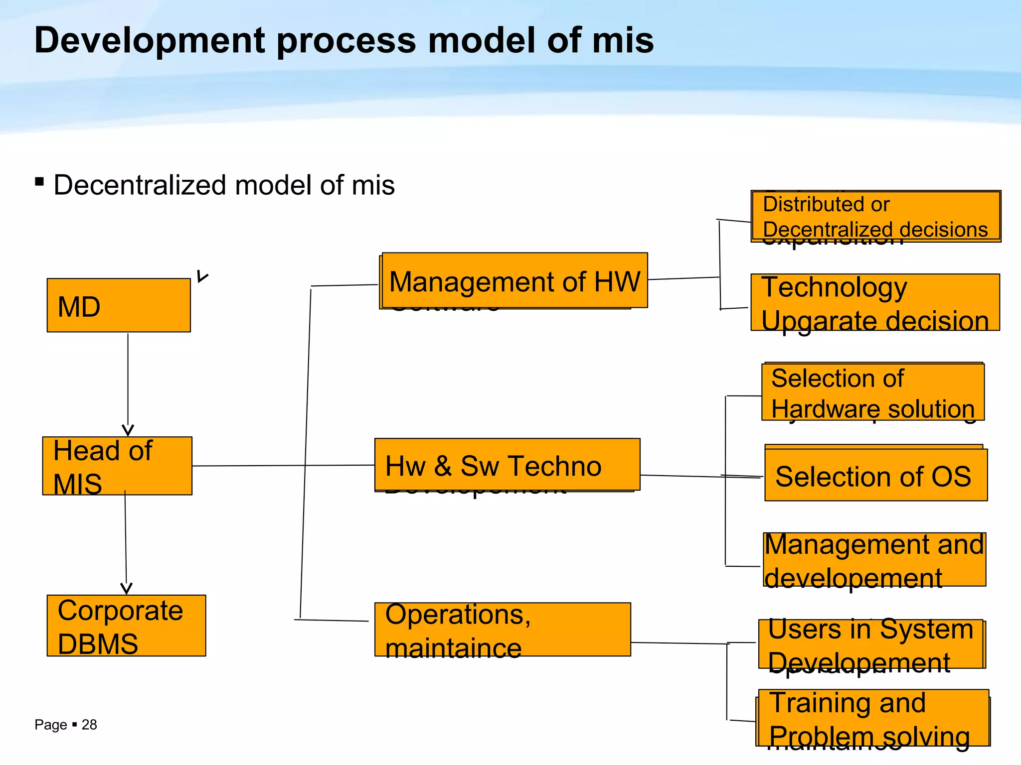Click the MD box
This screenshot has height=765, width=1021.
(x=119, y=305)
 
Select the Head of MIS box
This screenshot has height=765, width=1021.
(x=117, y=466)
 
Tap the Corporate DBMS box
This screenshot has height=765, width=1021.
(x=126, y=626)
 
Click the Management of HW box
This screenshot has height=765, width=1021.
(x=514, y=280)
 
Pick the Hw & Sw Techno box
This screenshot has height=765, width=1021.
(x=507, y=465)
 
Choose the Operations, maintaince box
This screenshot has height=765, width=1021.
(x=503, y=630)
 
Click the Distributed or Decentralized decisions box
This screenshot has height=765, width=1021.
(x=875, y=216)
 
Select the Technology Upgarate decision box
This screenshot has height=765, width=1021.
(x=875, y=302)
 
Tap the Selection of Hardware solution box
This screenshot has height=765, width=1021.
(x=872, y=392)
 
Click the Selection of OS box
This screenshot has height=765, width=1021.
(x=875, y=475)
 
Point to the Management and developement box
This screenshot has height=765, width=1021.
(x=874, y=559)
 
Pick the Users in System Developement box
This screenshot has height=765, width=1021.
(x=871, y=644)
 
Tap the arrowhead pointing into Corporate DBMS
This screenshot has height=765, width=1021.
(x=127, y=589)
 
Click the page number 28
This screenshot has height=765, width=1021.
(x=89, y=725)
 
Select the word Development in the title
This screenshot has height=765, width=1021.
(x=149, y=40)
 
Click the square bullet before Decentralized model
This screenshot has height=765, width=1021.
(x=39, y=181)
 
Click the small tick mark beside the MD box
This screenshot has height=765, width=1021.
(x=201, y=276)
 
